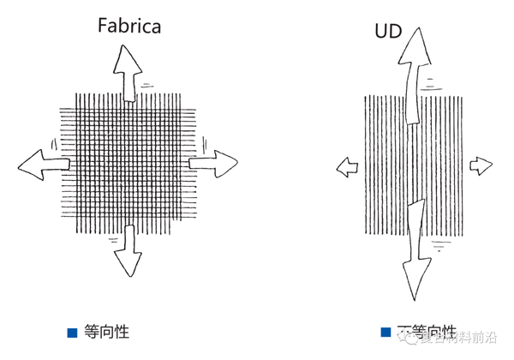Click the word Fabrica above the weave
click(x=128, y=26)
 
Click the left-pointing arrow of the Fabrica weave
click(x=39, y=163)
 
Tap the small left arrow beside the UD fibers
click(x=346, y=165)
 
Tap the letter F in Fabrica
click(x=101, y=26)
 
